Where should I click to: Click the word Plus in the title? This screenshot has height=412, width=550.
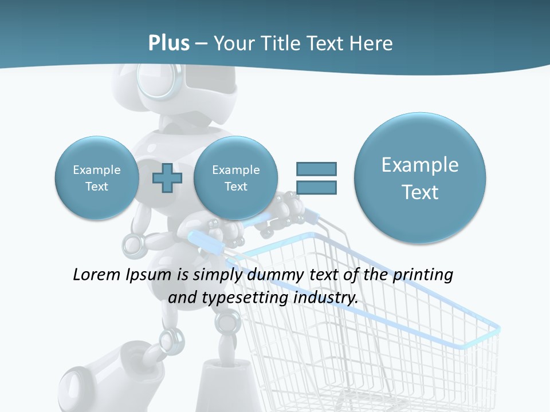click(x=168, y=43)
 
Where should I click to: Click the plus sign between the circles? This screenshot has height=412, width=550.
click(x=167, y=178)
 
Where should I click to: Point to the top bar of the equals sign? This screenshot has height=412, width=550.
click(x=316, y=169)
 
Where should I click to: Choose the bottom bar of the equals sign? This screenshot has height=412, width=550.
click(x=316, y=187)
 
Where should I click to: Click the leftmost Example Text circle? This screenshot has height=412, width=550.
click(x=97, y=178)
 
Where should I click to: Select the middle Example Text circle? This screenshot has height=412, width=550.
click(x=235, y=178)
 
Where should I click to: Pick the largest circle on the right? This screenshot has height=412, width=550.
click(x=420, y=178)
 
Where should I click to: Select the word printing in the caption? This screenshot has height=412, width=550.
click(x=423, y=275)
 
